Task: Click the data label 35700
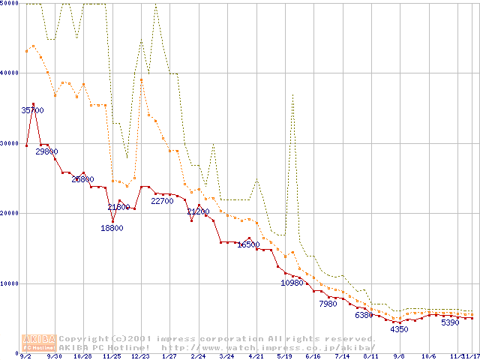(32, 110)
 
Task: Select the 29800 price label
(46, 151)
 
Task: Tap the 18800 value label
(112, 228)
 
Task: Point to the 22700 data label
(163, 200)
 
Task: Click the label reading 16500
(248, 244)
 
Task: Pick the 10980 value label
(292, 283)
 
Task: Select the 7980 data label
(328, 304)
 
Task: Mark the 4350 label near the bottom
(399, 328)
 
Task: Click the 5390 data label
(450, 322)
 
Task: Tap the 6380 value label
(364, 315)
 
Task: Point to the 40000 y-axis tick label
(10, 73)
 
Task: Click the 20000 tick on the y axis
(10, 213)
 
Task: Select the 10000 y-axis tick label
(10, 283)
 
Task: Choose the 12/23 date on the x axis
(140, 356)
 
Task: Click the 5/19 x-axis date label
(284, 356)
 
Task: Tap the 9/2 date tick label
(26, 356)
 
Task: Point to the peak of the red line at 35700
(34, 103)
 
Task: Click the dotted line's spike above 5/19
(292, 94)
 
